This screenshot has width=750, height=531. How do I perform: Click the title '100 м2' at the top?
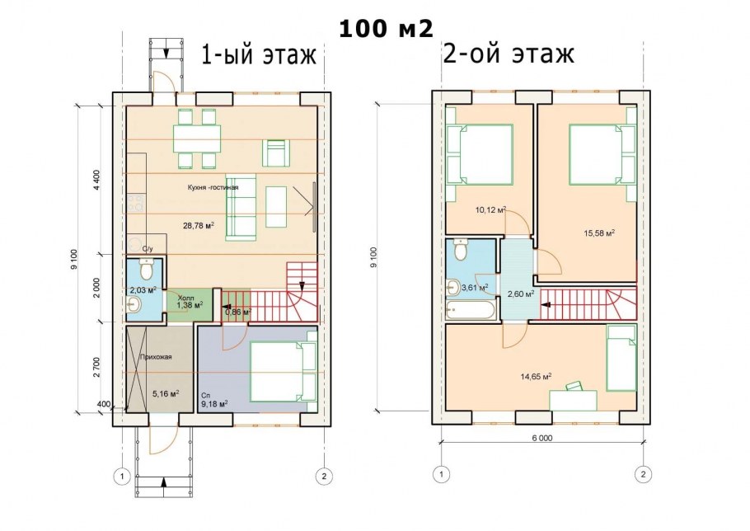coord(385,29)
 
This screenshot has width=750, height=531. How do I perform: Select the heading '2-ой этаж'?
coord(509,55)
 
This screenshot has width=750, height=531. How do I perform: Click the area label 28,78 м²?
coord(199,224)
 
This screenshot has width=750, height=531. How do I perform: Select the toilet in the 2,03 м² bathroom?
coord(147,270)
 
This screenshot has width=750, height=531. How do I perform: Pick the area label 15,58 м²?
coord(598,233)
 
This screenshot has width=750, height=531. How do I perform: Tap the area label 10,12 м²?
coord(490,209)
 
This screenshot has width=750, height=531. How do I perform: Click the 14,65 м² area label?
coord(535,376)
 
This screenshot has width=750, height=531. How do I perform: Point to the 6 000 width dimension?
coord(542,437)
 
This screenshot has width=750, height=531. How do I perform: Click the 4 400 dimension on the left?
coord(96,180)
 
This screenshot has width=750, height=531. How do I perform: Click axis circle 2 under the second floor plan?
coord(642,474)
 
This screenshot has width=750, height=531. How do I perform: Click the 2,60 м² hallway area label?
coord(521,294)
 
